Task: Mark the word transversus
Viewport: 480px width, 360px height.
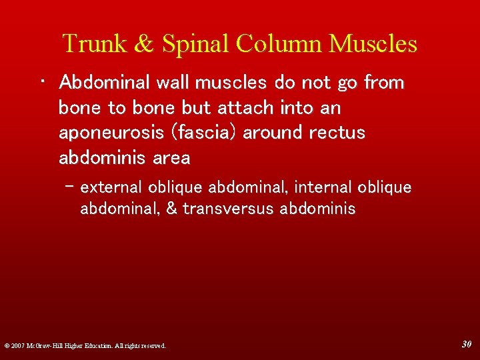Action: point(229,209)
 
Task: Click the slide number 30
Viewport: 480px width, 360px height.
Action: point(467,344)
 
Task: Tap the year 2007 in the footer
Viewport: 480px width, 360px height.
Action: point(17,346)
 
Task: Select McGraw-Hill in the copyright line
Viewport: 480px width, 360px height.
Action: point(42,346)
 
